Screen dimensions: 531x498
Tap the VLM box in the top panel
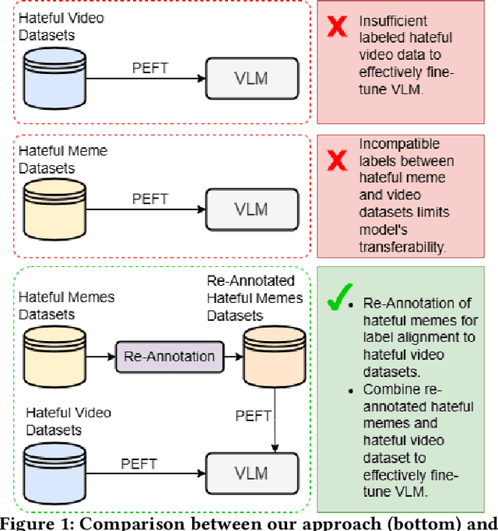click(x=252, y=78)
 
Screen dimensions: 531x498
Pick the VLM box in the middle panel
click(x=252, y=209)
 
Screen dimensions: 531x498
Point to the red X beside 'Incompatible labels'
click(x=336, y=161)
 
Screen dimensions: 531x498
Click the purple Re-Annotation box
click(x=168, y=357)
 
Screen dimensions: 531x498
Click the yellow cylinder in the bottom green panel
click(x=48, y=345)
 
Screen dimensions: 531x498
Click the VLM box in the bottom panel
click(x=252, y=473)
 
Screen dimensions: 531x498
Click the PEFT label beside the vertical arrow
click(x=253, y=416)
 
